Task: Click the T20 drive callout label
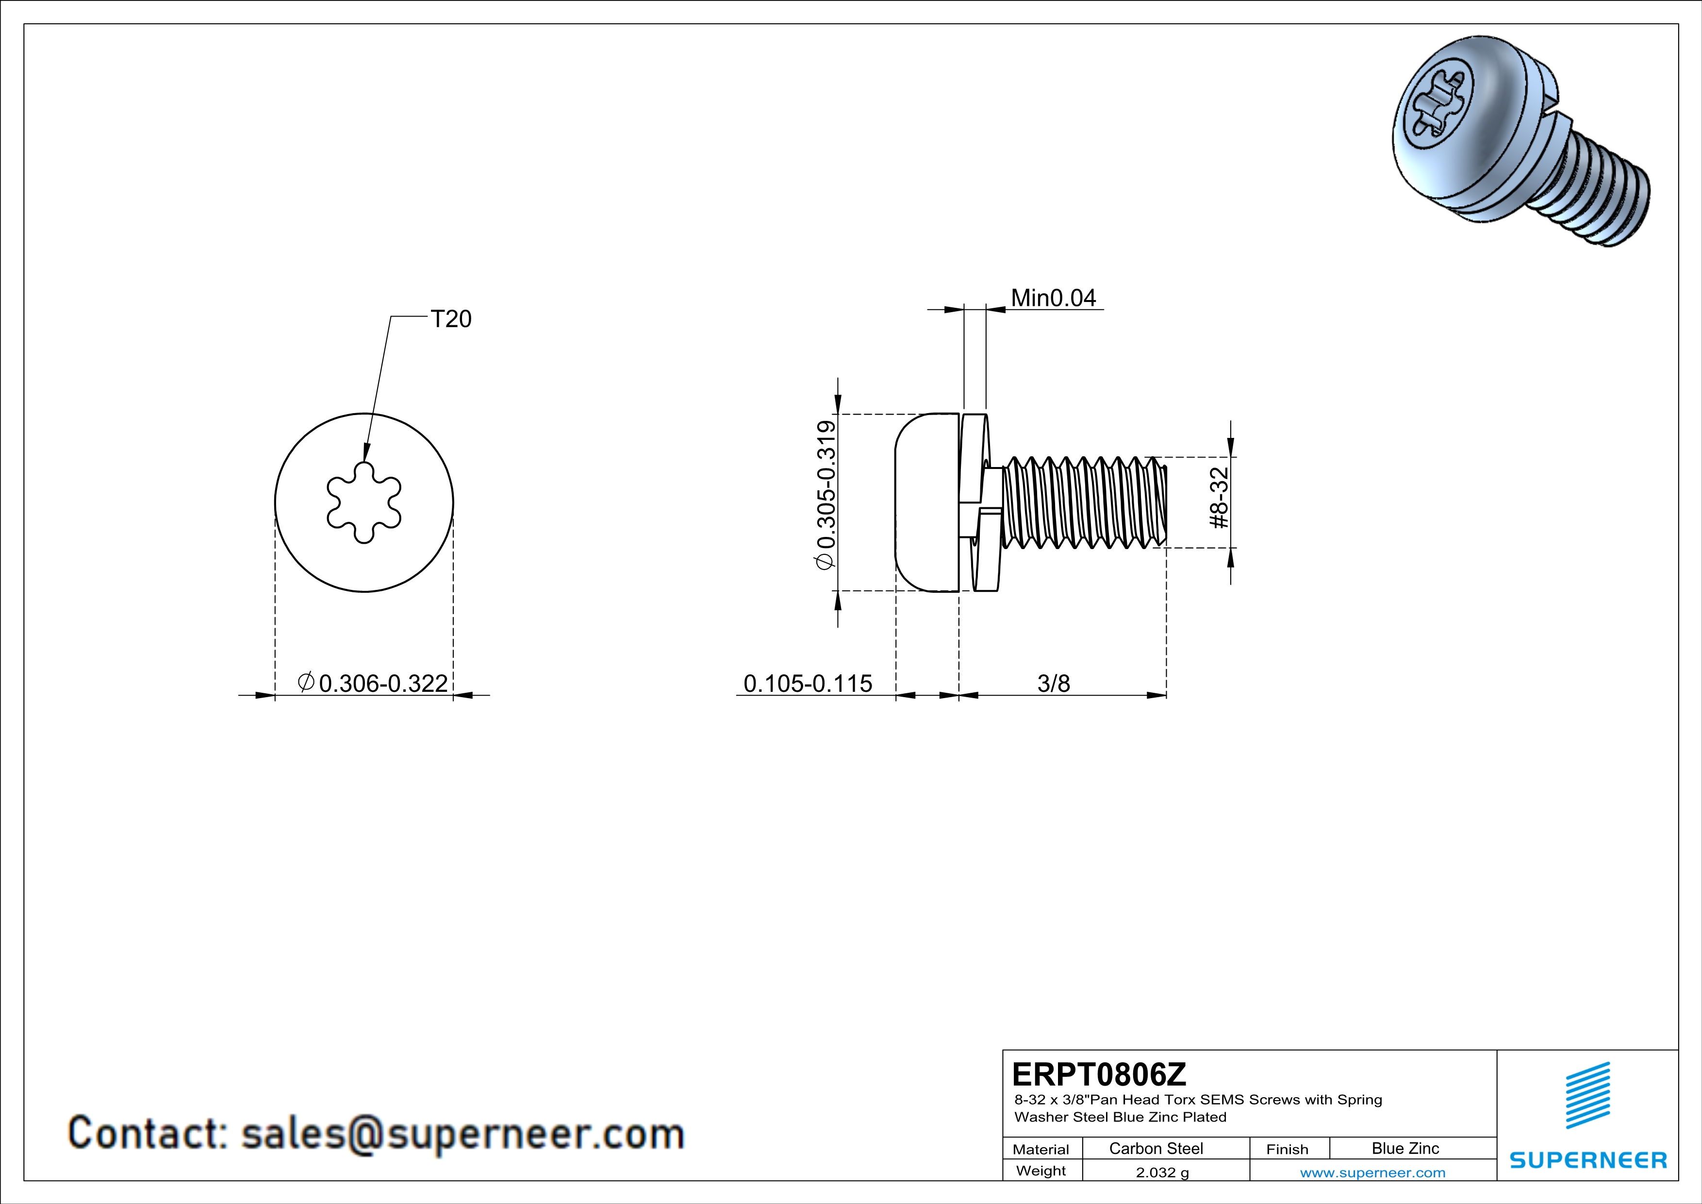point(451,319)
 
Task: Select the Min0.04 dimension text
point(1053,298)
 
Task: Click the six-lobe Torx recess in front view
point(364,502)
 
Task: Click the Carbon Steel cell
point(1156,1148)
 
